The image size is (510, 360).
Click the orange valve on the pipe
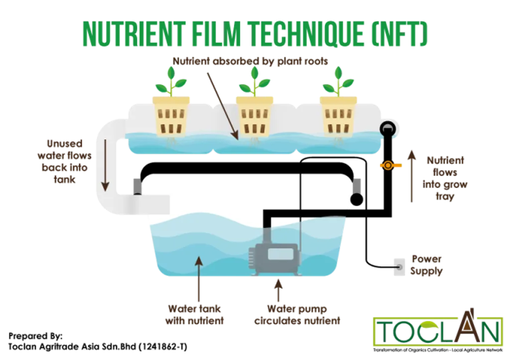(x=387, y=166)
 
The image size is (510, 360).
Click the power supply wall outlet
(x=397, y=267)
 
